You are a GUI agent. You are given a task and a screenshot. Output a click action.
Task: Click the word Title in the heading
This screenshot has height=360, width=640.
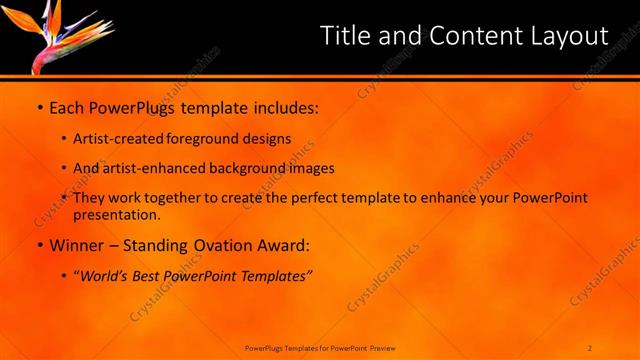coord(345,36)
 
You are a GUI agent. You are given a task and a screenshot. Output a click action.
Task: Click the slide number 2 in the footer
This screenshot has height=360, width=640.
coord(590,347)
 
